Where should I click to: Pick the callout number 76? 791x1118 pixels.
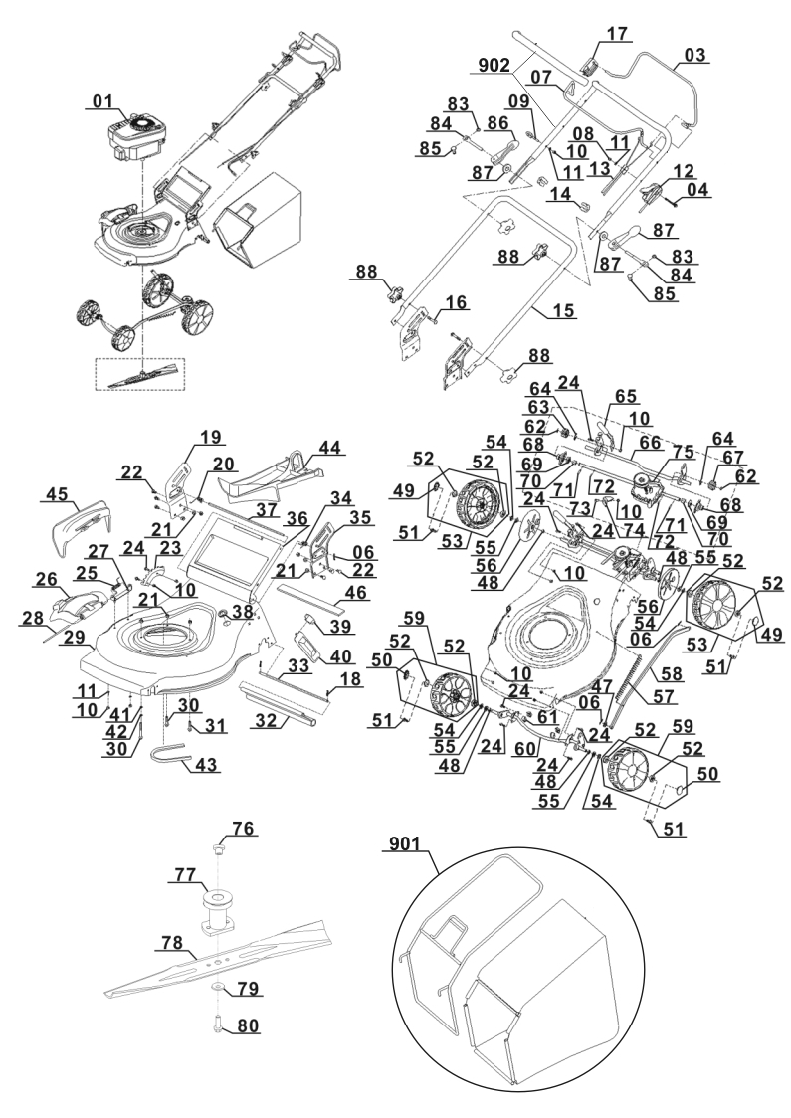(242, 829)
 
